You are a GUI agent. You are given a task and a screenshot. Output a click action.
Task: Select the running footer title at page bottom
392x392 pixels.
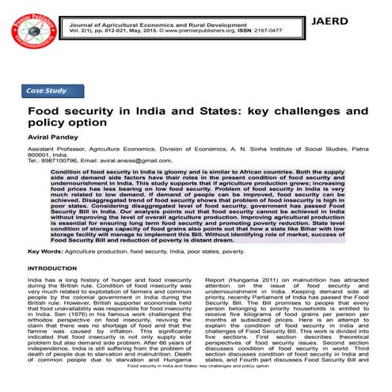tap(195, 388)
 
